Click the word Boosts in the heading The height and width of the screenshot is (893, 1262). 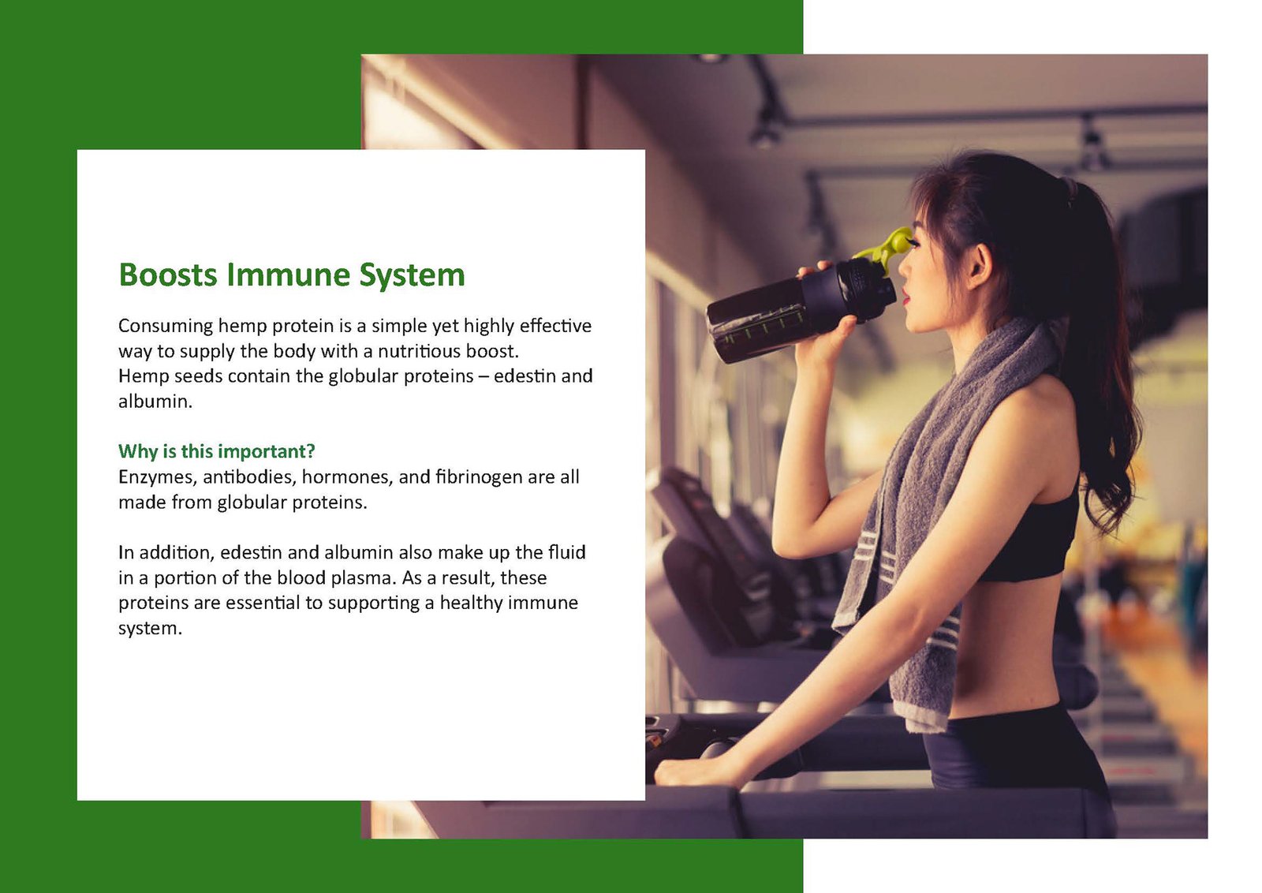coord(168,275)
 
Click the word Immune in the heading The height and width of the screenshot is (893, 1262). coord(288,275)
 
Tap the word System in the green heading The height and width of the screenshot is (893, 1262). coord(412,276)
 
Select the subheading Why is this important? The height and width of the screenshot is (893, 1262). coord(216,451)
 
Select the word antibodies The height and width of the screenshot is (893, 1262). coord(249,477)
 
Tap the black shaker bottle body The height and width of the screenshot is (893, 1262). coord(800,312)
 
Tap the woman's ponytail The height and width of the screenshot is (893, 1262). coord(1104,349)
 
